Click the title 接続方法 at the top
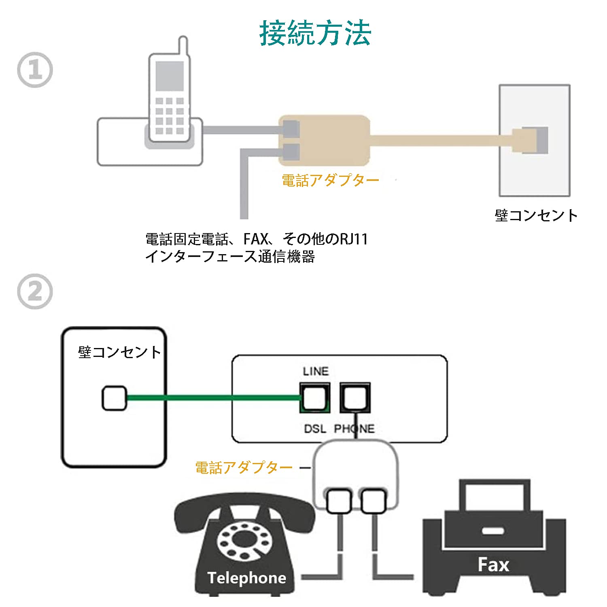315,33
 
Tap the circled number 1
35,70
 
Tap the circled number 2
35,291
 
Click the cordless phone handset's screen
170,76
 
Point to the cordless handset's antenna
183,47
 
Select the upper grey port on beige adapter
291,129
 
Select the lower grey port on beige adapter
291,151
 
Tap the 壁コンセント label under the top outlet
536,215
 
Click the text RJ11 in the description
353,239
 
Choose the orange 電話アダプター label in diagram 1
330,180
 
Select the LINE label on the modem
316,371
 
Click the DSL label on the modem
315,429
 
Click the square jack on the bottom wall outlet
114,398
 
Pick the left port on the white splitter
338,501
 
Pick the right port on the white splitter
373,501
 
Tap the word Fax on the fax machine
493,565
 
